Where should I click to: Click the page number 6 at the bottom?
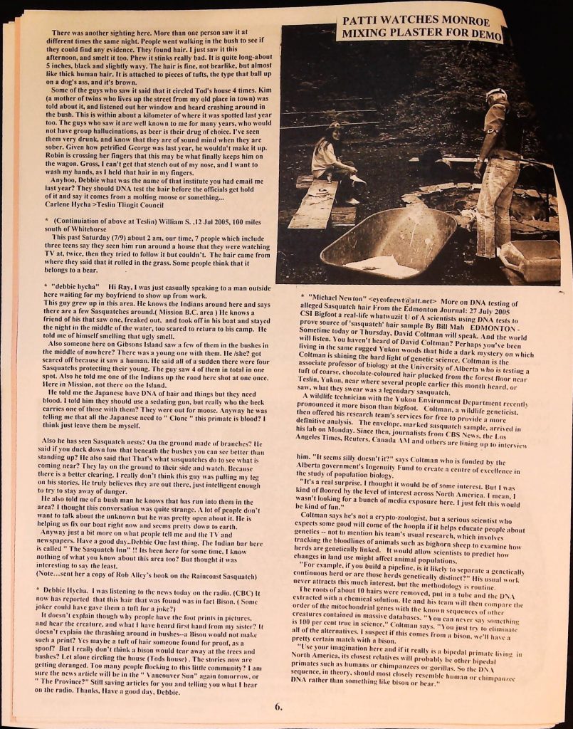pos(279,706)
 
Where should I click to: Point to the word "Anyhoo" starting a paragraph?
pos(68,179)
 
